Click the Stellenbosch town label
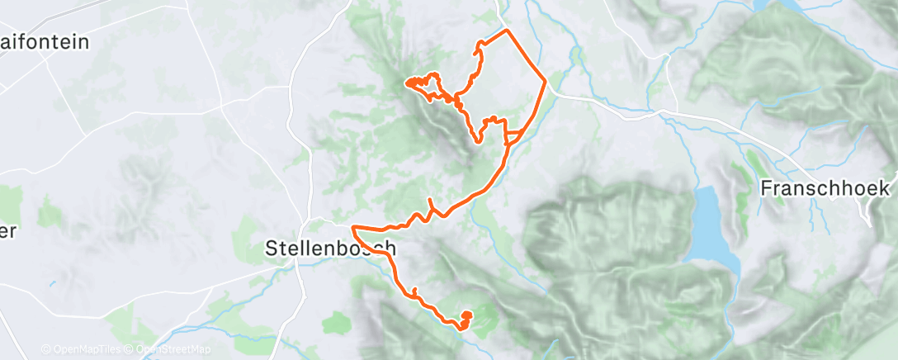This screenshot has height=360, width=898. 330,247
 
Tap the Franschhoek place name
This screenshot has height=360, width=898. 812,187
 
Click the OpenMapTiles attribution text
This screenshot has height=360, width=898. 83,349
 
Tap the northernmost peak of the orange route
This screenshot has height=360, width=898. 506,31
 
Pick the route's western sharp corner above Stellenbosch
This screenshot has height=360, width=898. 353,226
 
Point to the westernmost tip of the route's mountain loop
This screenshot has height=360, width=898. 405,82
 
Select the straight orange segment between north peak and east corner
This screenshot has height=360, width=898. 527,56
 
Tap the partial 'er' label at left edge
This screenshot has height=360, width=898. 8,231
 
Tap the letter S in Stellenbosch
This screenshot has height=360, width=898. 272,247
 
